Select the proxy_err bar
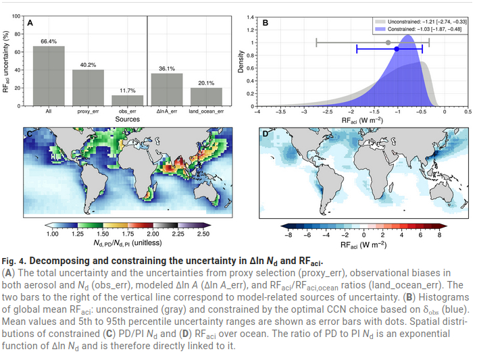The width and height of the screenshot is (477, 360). point(88,87)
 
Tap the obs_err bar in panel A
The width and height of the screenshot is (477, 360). point(127,100)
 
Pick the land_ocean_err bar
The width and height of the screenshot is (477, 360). point(206,96)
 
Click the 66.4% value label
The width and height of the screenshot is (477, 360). point(49,41)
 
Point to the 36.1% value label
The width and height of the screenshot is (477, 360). point(166,68)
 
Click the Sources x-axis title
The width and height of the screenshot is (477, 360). point(127,119)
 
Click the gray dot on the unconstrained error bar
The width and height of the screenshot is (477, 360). point(387,43)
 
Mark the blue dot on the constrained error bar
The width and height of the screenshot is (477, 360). point(397,49)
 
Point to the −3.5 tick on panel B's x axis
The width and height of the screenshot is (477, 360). point(280,113)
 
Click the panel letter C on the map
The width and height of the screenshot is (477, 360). point(29,134)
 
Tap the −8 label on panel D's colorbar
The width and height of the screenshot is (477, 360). point(289,234)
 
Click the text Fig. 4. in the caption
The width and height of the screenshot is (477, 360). point(14,261)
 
